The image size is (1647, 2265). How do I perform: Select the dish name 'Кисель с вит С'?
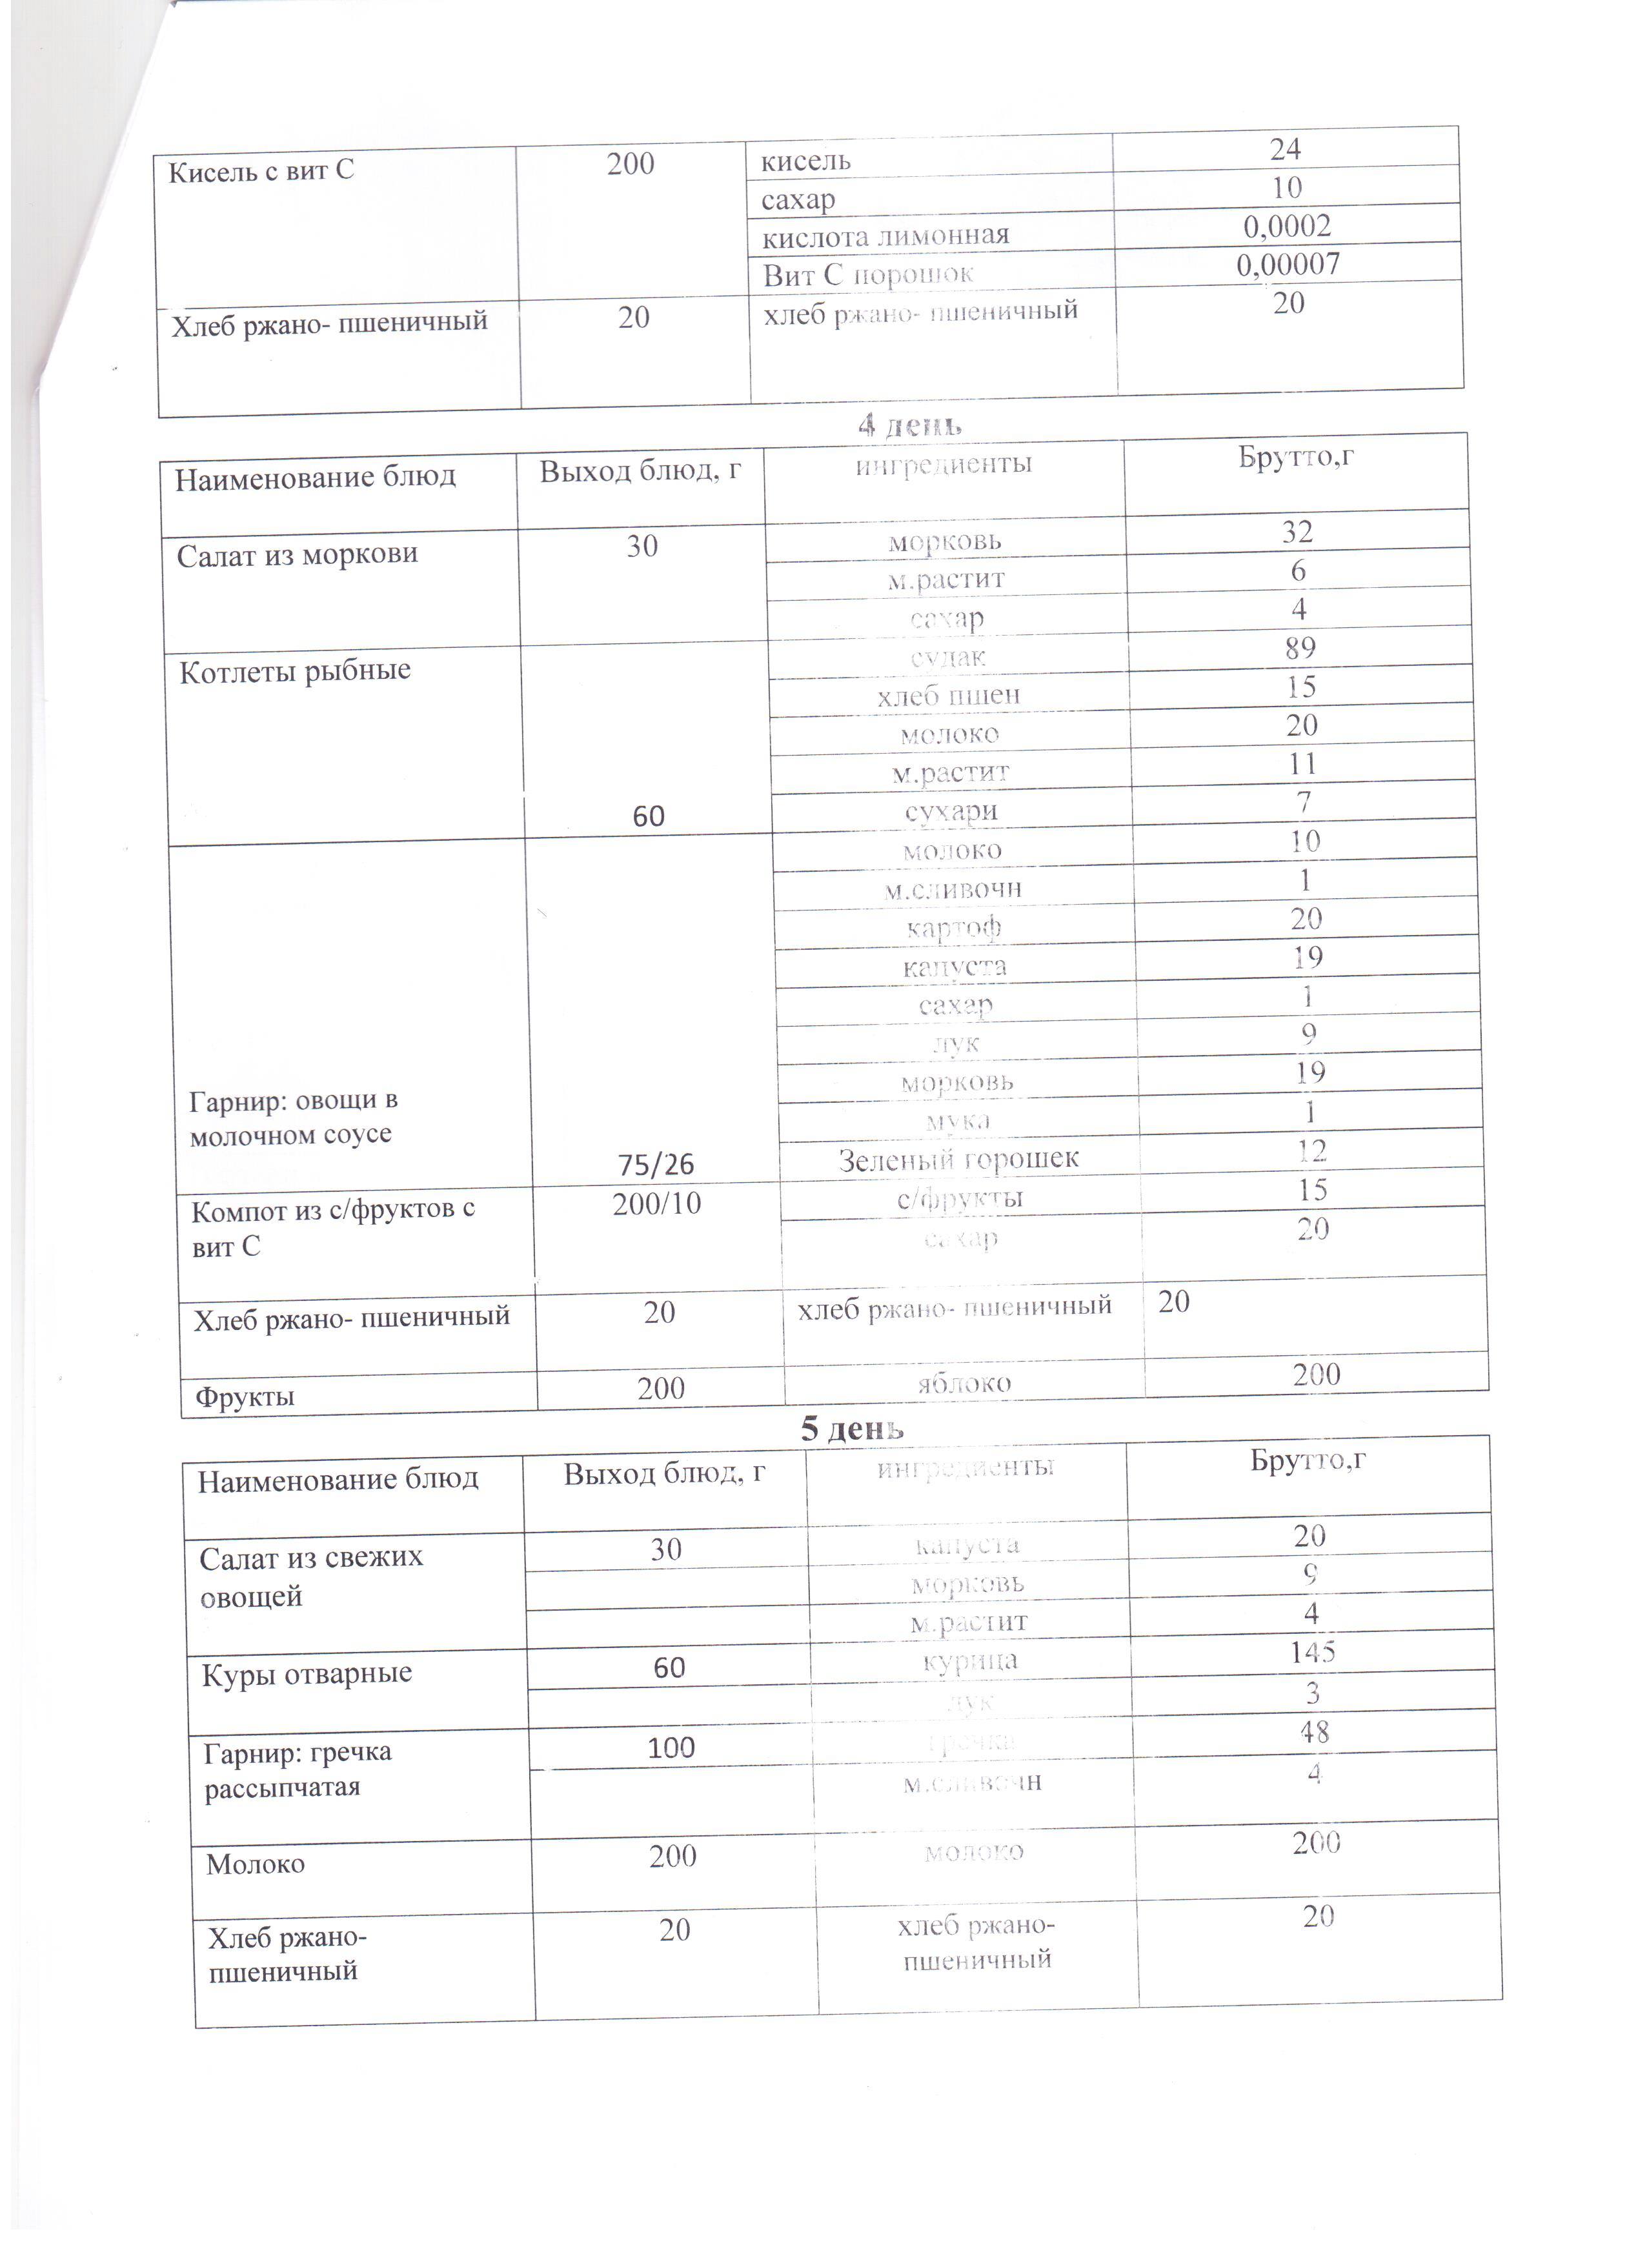pos(261,172)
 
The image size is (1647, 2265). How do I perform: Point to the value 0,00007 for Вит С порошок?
pos(1288,265)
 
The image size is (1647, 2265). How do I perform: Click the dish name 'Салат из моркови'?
pos(297,554)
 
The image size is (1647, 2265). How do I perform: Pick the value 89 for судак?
pos(1299,648)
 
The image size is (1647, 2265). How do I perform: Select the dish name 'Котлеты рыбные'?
pos(295,670)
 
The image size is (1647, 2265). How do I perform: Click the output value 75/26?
pos(655,1165)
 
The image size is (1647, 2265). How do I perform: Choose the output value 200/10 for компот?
pos(656,1203)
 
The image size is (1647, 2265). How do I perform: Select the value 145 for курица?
pos(1313,1652)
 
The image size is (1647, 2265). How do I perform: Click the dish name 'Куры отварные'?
pos(307,1674)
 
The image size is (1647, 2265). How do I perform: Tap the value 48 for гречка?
pos(1315,1733)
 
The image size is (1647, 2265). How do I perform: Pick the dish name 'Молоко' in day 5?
pos(256,1864)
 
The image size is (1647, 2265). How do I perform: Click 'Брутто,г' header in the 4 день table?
pos(1295,458)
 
